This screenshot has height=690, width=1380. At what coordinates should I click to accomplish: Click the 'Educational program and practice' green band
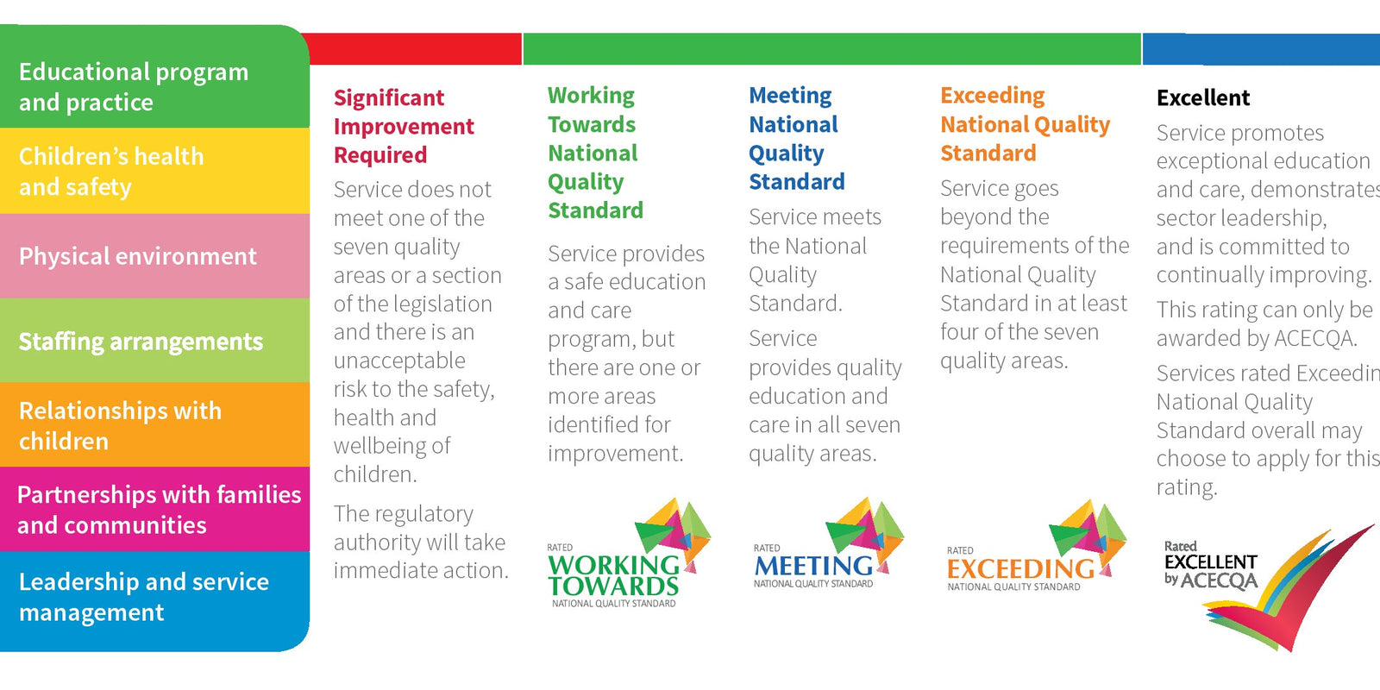155,86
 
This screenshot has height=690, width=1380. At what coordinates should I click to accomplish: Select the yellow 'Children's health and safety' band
155,171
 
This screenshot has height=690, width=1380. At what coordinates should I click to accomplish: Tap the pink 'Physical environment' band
155,256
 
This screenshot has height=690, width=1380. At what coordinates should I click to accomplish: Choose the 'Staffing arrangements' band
155,341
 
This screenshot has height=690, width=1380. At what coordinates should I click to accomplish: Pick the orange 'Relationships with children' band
155,425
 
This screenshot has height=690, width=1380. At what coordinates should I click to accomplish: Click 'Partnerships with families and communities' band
155,509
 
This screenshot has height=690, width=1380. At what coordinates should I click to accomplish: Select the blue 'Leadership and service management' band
155,597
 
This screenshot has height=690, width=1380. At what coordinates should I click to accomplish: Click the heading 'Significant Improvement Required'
404,126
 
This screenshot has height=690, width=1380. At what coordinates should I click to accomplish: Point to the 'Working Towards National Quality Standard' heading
595,153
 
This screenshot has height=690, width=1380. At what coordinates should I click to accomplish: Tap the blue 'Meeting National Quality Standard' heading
796,138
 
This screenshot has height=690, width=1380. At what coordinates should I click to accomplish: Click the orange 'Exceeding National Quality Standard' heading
1025,124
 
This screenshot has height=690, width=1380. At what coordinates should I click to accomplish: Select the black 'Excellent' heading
1203,97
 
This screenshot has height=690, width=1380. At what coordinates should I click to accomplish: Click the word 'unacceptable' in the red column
399,361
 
